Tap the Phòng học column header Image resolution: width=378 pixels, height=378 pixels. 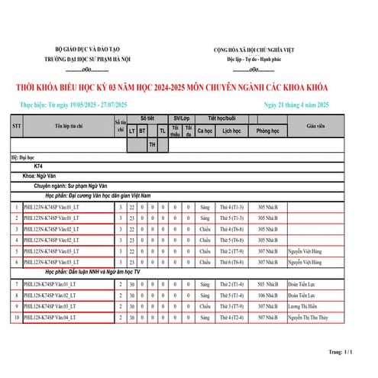click(x=267, y=131)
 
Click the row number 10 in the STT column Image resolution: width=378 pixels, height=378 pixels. click(x=16, y=316)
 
